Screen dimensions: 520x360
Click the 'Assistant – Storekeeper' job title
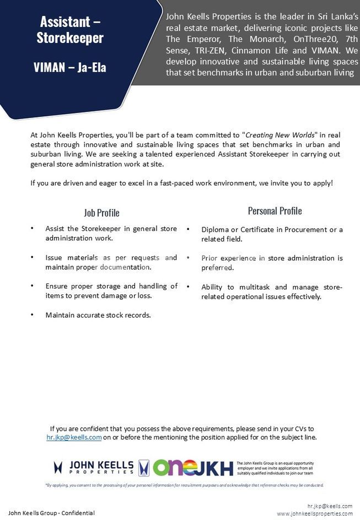(70, 30)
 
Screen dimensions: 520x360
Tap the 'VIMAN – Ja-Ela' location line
(70, 68)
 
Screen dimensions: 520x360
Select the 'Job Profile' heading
(101, 213)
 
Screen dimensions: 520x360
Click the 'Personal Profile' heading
(275, 211)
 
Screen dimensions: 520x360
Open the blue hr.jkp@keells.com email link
(74, 437)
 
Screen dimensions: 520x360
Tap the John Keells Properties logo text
(101, 468)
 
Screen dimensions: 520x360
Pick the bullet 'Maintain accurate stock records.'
(98, 315)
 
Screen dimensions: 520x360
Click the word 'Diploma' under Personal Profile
(216, 229)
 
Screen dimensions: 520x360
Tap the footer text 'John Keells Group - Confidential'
(51, 513)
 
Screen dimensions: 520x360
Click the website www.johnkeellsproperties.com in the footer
(315, 514)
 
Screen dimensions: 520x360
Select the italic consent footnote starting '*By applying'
(184, 485)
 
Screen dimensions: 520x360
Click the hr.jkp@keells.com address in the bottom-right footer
(330, 506)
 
